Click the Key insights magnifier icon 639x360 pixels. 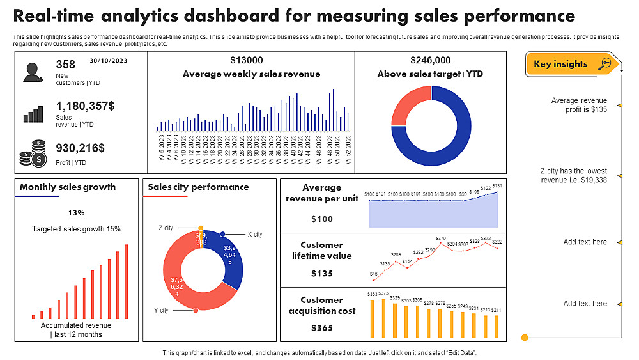click(605, 63)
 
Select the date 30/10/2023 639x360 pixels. click(109, 61)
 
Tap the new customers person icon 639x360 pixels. click(33, 72)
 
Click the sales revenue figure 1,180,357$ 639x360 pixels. click(85, 106)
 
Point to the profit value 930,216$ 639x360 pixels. click(81, 148)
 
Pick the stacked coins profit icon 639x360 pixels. click(33, 153)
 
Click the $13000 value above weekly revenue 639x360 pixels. click(247, 61)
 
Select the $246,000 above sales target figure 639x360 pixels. click(430, 61)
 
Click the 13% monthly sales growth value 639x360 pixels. click(76, 213)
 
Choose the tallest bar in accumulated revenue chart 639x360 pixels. click(126, 281)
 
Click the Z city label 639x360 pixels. click(166, 228)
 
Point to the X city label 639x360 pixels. click(254, 235)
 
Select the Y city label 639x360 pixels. click(161, 311)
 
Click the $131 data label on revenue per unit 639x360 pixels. click(497, 186)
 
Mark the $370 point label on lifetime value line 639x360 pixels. click(441, 239)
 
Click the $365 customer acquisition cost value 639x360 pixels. click(322, 328)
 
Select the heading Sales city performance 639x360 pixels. click(198, 187)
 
